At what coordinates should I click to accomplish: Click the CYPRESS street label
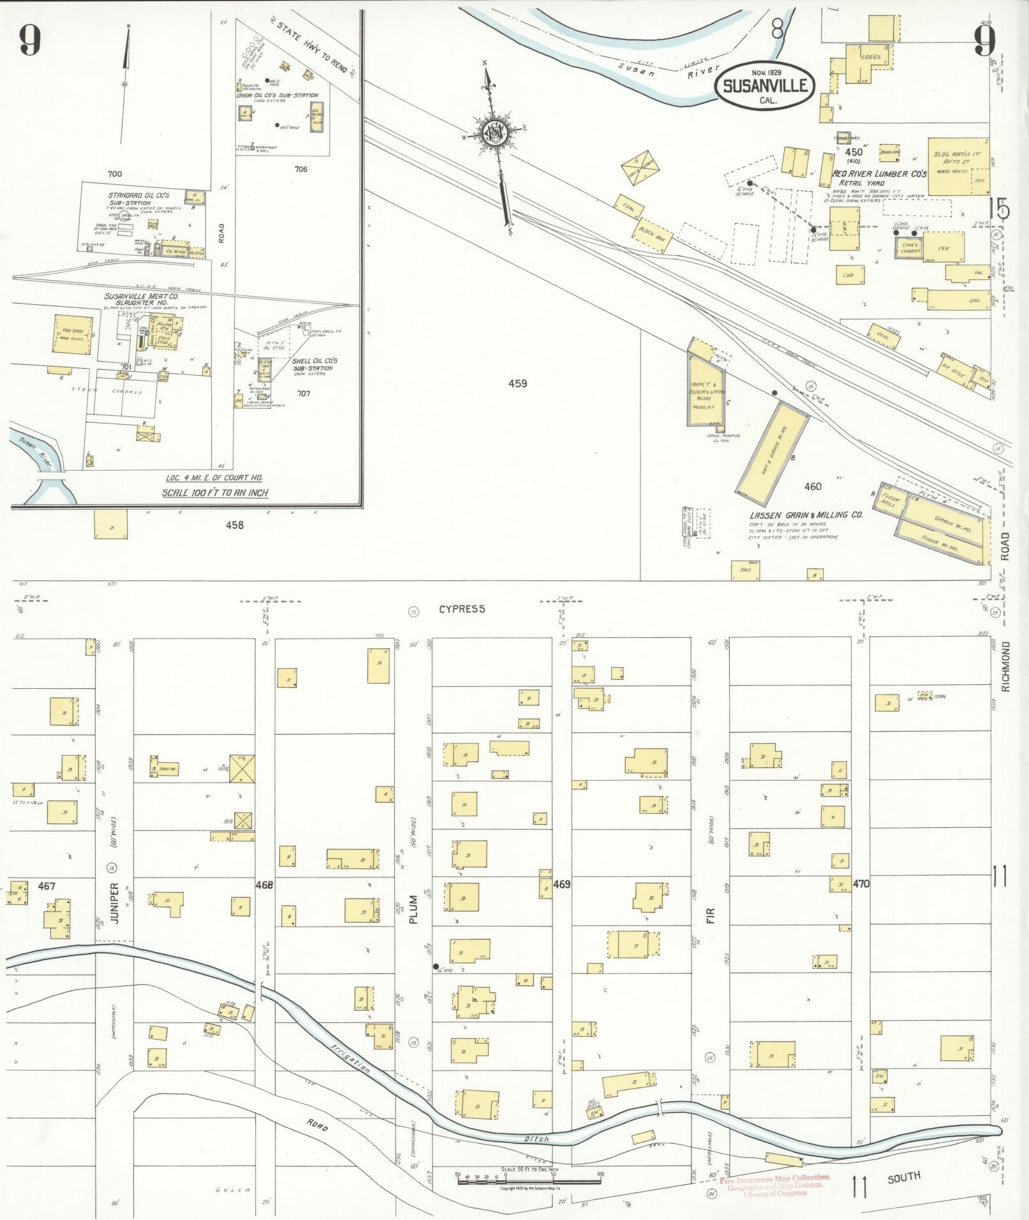[462, 609]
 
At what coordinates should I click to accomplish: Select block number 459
[517, 384]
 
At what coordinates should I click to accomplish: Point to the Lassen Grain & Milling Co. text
[806, 514]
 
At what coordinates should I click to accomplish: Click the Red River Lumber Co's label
[879, 173]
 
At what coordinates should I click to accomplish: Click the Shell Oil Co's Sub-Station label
[315, 364]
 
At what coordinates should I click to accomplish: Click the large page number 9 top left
[29, 41]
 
